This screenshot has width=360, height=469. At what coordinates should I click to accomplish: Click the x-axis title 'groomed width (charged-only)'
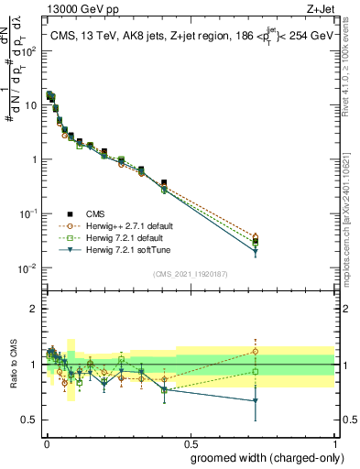click(x=261, y=457)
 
